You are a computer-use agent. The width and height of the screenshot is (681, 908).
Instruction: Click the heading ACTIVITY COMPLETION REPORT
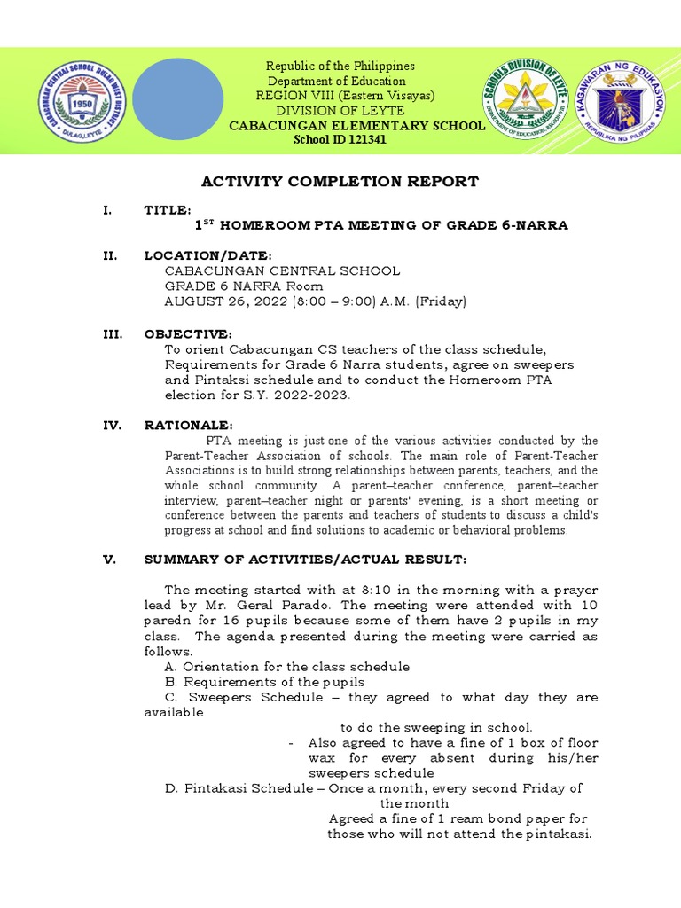[x=340, y=182]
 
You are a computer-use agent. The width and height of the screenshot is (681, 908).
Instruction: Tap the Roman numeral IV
[x=112, y=426]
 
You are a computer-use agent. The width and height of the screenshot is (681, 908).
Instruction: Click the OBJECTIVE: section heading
[x=188, y=333]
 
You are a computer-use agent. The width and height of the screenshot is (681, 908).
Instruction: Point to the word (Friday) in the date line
[x=434, y=302]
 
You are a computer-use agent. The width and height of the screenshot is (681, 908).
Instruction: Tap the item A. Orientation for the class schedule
[x=287, y=667]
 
